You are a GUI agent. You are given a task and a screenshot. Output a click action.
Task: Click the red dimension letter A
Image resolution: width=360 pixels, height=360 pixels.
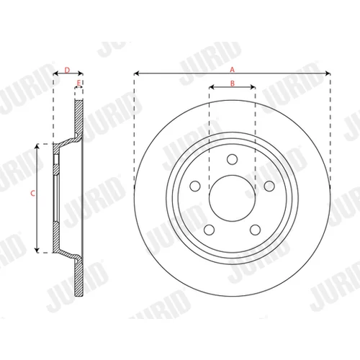pyautogui.click(x=232, y=70)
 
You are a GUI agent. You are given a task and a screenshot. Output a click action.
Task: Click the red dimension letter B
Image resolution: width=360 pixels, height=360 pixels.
pyautogui.click(x=233, y=84)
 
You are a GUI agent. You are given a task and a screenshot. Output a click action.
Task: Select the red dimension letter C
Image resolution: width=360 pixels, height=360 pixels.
pyautogui.click(x=33, y=193)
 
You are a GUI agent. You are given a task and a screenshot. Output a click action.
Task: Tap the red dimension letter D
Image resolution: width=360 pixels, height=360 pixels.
pyautogui.click(x=67, y=70)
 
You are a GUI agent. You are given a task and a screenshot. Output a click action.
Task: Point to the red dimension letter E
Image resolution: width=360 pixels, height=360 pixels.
pyautogui.click(x=78, y=83)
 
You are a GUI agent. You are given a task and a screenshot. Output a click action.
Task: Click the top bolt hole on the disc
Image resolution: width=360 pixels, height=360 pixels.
pyautogui.click(x=233, y=159)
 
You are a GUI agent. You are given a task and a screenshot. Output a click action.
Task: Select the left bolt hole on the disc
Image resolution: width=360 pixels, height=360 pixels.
pyautogui.click(x=195, y=186)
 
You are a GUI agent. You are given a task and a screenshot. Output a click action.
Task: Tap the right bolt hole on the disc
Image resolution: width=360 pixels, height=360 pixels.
pyautogui.click(x=269, y=186)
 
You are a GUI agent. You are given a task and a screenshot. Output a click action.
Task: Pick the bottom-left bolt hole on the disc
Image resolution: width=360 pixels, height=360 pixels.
pyautogui.click(x=210, y=230)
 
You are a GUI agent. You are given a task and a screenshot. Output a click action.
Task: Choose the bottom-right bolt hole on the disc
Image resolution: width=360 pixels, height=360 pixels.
pyautogui.click(x=255, y=230)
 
